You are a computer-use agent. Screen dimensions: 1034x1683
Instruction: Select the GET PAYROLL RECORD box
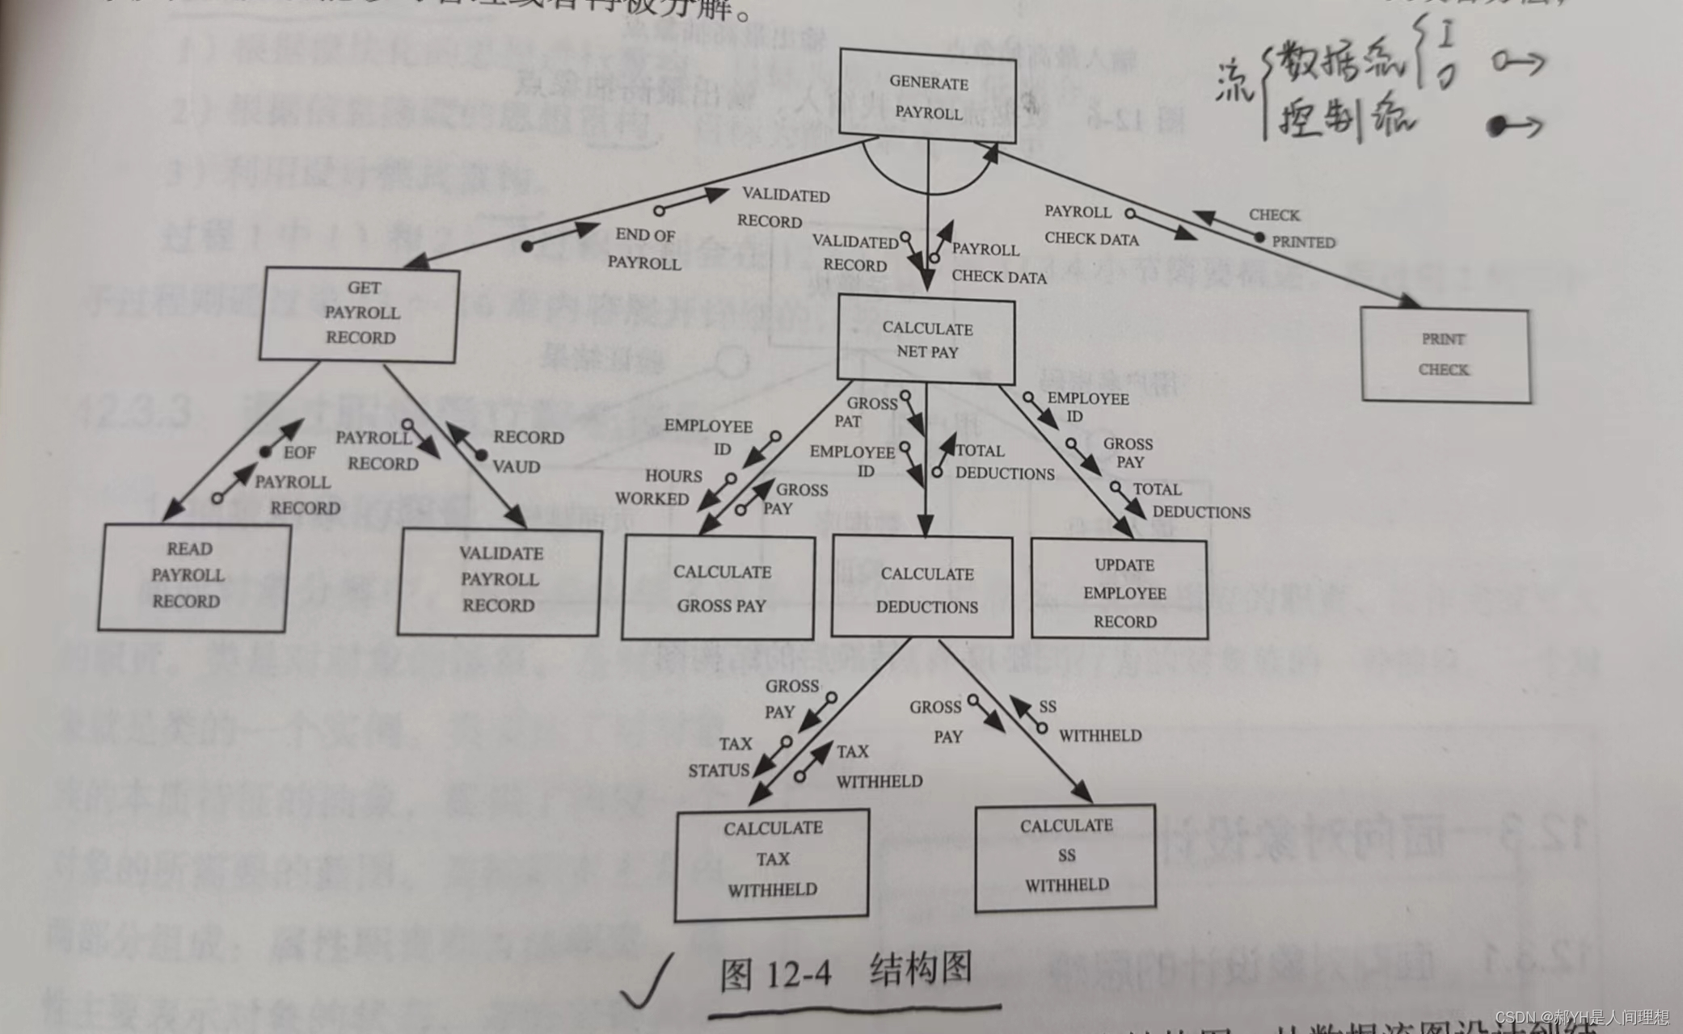361,313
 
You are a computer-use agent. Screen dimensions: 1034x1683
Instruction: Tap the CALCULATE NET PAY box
926,339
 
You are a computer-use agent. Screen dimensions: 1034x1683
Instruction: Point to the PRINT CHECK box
1445,355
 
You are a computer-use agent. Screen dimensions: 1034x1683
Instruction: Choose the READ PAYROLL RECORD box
190,576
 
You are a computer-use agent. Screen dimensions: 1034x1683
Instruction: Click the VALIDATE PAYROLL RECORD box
500,580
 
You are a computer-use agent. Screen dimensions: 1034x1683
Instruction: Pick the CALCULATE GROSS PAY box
719,588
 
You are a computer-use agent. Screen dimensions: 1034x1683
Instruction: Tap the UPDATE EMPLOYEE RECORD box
1121,592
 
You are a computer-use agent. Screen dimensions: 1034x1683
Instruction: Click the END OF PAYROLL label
644,248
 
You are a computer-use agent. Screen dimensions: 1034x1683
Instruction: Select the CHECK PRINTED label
1291,229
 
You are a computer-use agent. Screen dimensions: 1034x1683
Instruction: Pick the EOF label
299,452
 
